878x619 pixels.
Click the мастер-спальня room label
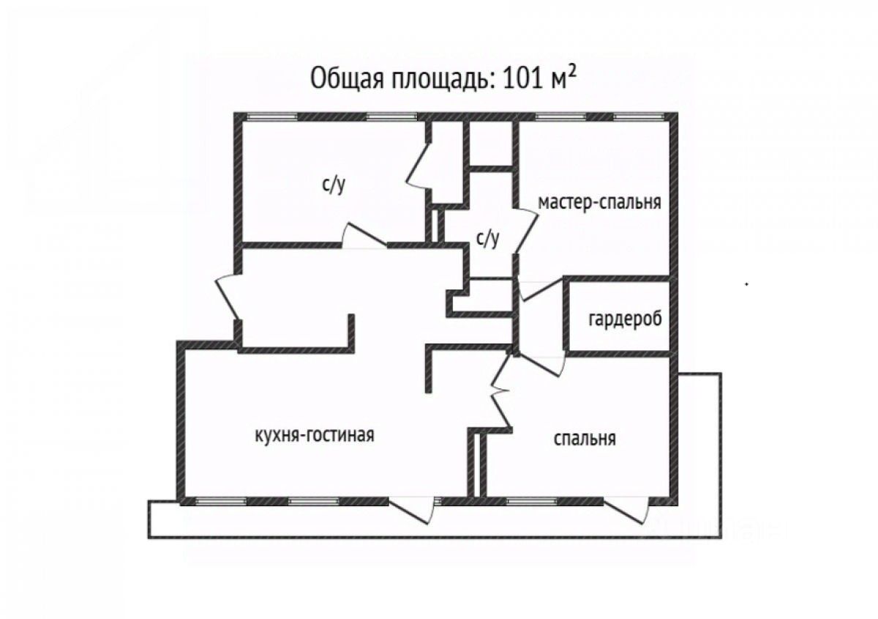click(599, 202)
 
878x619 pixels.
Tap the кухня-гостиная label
click(314, 435)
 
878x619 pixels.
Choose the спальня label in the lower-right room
click(584, 439)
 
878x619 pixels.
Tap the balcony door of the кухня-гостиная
click(413, 508)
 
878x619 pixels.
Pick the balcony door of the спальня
click(628, 509)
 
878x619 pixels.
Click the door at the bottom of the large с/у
click(364, 237)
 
